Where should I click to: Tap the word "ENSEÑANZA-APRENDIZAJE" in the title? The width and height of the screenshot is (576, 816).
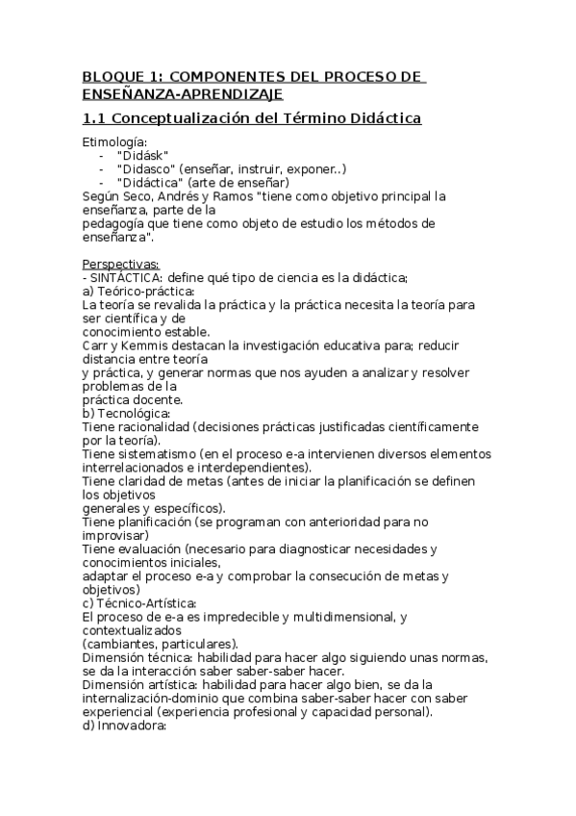pos(183,93)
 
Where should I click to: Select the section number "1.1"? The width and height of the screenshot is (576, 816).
pos(95,118)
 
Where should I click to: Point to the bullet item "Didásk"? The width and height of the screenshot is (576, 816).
pos(142,155)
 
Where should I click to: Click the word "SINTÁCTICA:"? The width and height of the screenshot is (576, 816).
pos(121,277)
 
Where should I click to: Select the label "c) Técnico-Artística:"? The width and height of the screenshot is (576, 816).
pos(139,602)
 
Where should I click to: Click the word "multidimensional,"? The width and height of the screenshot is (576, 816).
pos(341,616)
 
